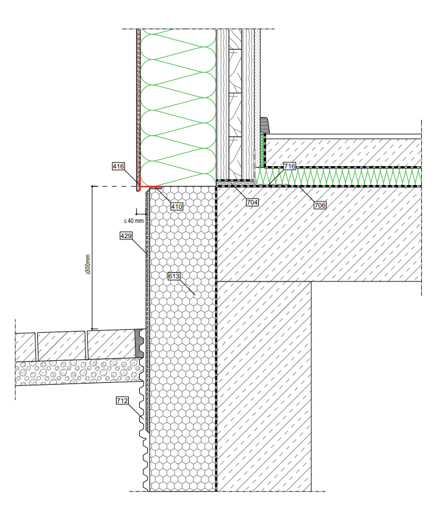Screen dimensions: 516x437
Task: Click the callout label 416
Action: point(118,165)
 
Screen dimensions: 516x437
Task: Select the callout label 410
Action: point(176,206)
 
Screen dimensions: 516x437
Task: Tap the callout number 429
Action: point(126,235)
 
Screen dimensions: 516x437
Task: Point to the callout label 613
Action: point(175,277)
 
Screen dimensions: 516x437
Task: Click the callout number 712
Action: point(122,401)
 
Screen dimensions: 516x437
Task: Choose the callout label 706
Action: point(320,206)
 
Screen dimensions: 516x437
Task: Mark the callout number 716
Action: point(289,166)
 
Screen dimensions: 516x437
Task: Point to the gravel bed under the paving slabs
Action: point(73,372)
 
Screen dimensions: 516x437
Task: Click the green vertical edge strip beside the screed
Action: point(263,150)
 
